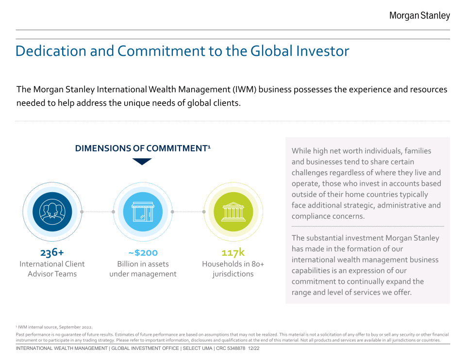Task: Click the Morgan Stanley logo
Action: pyautogui.click(x=419, y=16)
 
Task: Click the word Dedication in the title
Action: pyautogui.click(x=51, y=51)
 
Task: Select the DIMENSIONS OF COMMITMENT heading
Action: pyautogui.click(x=143, y=148)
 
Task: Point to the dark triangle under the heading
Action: pyautogui.click(x=142, y=161)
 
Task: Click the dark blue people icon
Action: pyautogui.click(x=52, y=212)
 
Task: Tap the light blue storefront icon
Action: pyautogui.click(x=143, y=212)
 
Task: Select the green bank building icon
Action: pyautogui.click(x=233, y=212)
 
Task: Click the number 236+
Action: pyautogui.click(x=52, y=252)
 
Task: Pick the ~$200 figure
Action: pyautogui.click(x=143, y=252)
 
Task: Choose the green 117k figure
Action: pyautogui.click(x=233, y=252)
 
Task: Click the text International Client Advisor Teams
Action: pyautogui.click(x=52, y=269)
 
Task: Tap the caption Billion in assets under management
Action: pyautogui.click(x=143, y=269)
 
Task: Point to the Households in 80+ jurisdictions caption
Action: pyautogui.click(x=233, y=269)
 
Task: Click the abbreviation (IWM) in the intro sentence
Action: pyautogui.click(x=245, y=89)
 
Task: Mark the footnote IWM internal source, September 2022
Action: pyautogui.click(x=54, y=327)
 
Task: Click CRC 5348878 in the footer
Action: pyautogui.click(x=231, y=348)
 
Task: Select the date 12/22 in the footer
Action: pyautogui.click(x=254, y=348)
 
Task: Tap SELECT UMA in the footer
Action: pyautogui.click(x=198, y=348)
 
